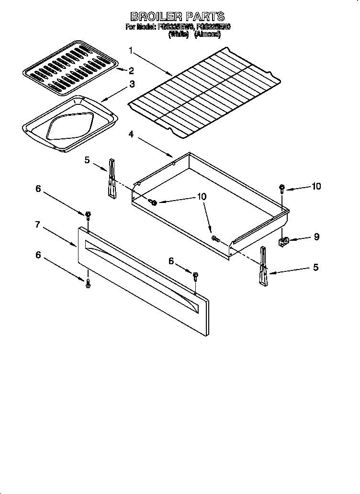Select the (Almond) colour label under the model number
(x=207, y=34)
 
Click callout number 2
(x=131, y=71)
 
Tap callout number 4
(x=131, y=135)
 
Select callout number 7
(x=37, y=225)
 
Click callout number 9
(x=316, y=236)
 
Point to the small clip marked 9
(x=283, y=241)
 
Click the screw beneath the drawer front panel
(x=88, y=284)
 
